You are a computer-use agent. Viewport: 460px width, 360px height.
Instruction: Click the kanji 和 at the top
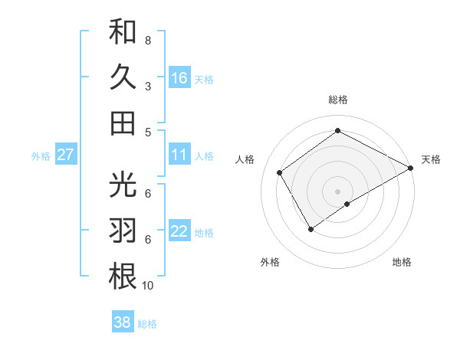[x=123, y=33]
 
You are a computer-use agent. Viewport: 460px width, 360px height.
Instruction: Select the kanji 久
[x=123, y=77]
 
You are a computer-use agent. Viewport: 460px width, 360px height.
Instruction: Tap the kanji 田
[x=123, y=123]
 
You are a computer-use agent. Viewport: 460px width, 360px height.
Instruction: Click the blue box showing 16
[x=179, y=77]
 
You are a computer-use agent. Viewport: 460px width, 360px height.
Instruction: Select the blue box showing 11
[x=179, y=155]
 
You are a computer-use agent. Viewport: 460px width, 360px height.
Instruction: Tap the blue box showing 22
[x=179, y=232]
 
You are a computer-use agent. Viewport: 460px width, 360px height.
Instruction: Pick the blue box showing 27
[x=65, y=155]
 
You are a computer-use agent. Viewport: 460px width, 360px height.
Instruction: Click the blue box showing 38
[x=123, y=322]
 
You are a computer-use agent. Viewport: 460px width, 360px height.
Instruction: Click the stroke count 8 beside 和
[x=147, y=40]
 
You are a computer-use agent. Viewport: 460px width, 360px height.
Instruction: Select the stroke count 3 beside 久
[x=147, y=87]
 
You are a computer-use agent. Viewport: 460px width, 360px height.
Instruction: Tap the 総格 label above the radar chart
[x=337, y=100]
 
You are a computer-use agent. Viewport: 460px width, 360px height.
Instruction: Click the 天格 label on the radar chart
[x=431, y=159]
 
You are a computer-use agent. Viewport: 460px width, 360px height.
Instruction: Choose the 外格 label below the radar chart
[x=270, y=262]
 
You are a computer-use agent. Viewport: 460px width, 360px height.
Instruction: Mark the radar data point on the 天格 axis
[x=411, y=168]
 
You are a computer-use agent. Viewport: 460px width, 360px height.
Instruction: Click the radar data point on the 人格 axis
[x=280, y=172]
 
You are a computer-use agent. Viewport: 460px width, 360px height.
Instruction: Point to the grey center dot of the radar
[x=337, y=190]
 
